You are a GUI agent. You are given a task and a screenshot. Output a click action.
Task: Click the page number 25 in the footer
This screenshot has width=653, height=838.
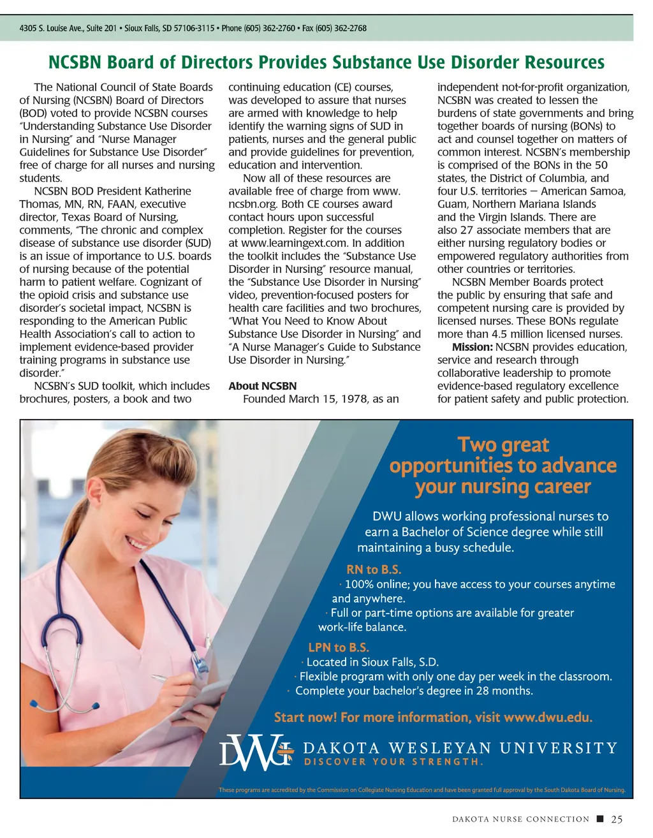[617, 820]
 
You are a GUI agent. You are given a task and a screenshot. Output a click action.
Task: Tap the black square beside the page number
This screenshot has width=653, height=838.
[600, 819]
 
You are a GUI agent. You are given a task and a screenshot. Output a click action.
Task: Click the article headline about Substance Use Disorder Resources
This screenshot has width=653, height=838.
[326, 62]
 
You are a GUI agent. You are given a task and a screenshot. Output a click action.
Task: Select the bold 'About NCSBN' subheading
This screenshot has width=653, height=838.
[262, 386]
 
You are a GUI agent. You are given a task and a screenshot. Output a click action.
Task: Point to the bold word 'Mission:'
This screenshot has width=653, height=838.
[472, 347]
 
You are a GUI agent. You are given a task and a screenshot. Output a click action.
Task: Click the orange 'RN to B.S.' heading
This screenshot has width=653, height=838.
[374, 570]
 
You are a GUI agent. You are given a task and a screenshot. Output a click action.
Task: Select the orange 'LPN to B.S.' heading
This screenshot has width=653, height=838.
[339, 647]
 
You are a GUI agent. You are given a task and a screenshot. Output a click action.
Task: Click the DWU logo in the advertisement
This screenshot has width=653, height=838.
[255, 753]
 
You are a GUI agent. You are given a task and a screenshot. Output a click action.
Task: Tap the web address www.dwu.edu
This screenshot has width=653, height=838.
[548, 717]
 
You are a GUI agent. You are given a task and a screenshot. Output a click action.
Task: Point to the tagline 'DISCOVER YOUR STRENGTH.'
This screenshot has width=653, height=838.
[393, 762]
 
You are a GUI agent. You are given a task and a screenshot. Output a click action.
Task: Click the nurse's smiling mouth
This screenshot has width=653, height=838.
[136, 543]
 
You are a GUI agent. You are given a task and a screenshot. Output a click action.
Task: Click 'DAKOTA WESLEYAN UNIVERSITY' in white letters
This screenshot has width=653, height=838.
[460, 748]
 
